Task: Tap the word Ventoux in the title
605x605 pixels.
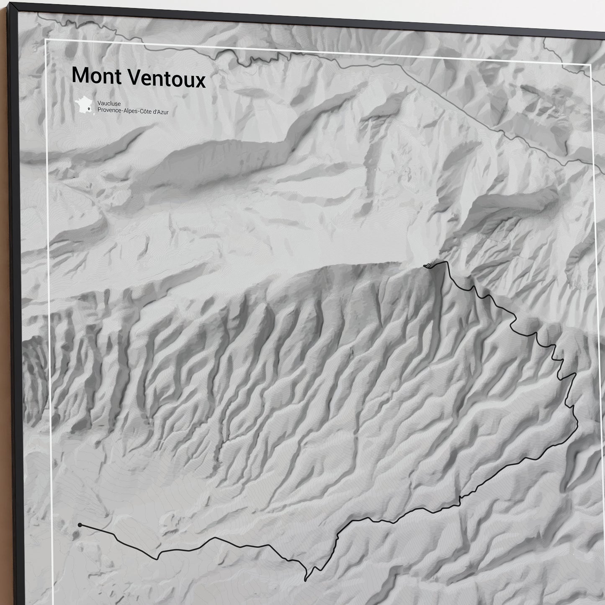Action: pos(165,78)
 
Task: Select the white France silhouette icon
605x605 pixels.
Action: pos(85,104)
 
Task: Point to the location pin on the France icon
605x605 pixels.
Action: pos(89,109)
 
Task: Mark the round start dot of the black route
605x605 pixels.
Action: pos(80,525)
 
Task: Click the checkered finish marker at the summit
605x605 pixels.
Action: pos(429,265)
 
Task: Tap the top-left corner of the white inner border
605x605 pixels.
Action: pos(45,39)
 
